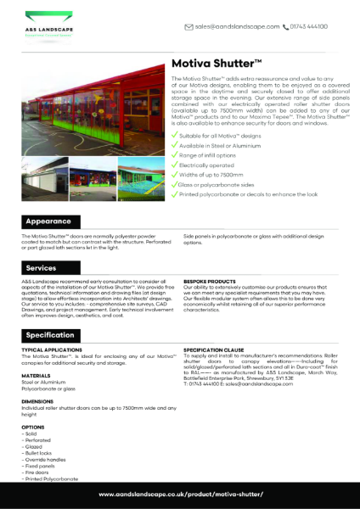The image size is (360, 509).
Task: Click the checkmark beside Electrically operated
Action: click(175, 157)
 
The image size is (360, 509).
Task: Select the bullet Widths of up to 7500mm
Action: click(216, 170)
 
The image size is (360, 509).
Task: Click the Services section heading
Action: click(46, 267)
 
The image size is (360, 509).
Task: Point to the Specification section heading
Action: click(56, 335)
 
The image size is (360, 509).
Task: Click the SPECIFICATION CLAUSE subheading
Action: click(216, 349)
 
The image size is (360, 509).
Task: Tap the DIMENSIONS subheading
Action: click(38, 401)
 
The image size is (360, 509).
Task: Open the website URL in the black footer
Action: click(181, 494)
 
